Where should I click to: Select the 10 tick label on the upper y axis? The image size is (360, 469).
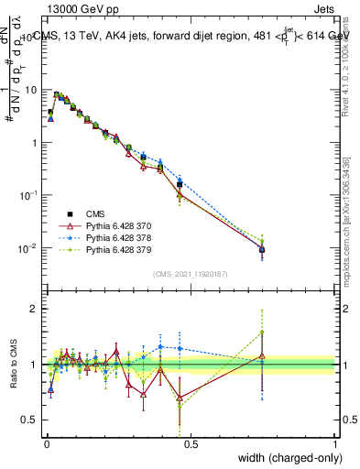pyautogui.click(x=31, y=91)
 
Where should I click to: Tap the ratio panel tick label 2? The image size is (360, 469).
pyautogui.click(x=35, y=309)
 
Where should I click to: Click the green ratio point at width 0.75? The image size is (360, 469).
pyautogui.click(x=262, y=333)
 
